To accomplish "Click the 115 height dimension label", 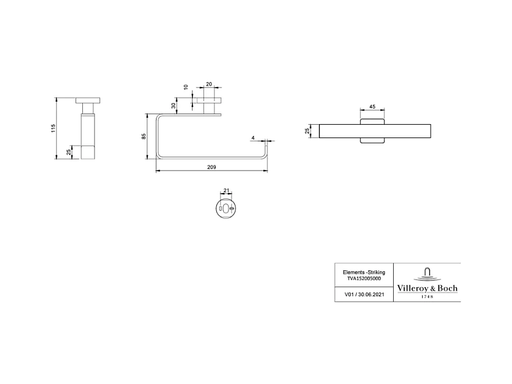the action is point(53,128).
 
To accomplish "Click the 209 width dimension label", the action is point(212,167).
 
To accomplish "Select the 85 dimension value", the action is point(144,136).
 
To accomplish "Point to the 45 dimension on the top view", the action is point(373,107).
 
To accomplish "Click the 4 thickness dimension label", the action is point(253,137).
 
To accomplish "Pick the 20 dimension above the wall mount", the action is point(209,84).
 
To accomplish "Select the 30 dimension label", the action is point(173,106).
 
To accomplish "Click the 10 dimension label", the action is point(186,88).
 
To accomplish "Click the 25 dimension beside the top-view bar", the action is point(308,131).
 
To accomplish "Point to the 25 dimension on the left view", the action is point(68,152).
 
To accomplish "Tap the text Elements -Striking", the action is point(364,272).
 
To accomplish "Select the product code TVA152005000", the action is point(364,278).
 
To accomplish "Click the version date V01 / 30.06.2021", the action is point(364,294).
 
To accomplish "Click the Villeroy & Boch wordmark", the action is point(427,288).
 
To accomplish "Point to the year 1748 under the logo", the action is point(427,297).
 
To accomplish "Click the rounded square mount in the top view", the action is point(373,131).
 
